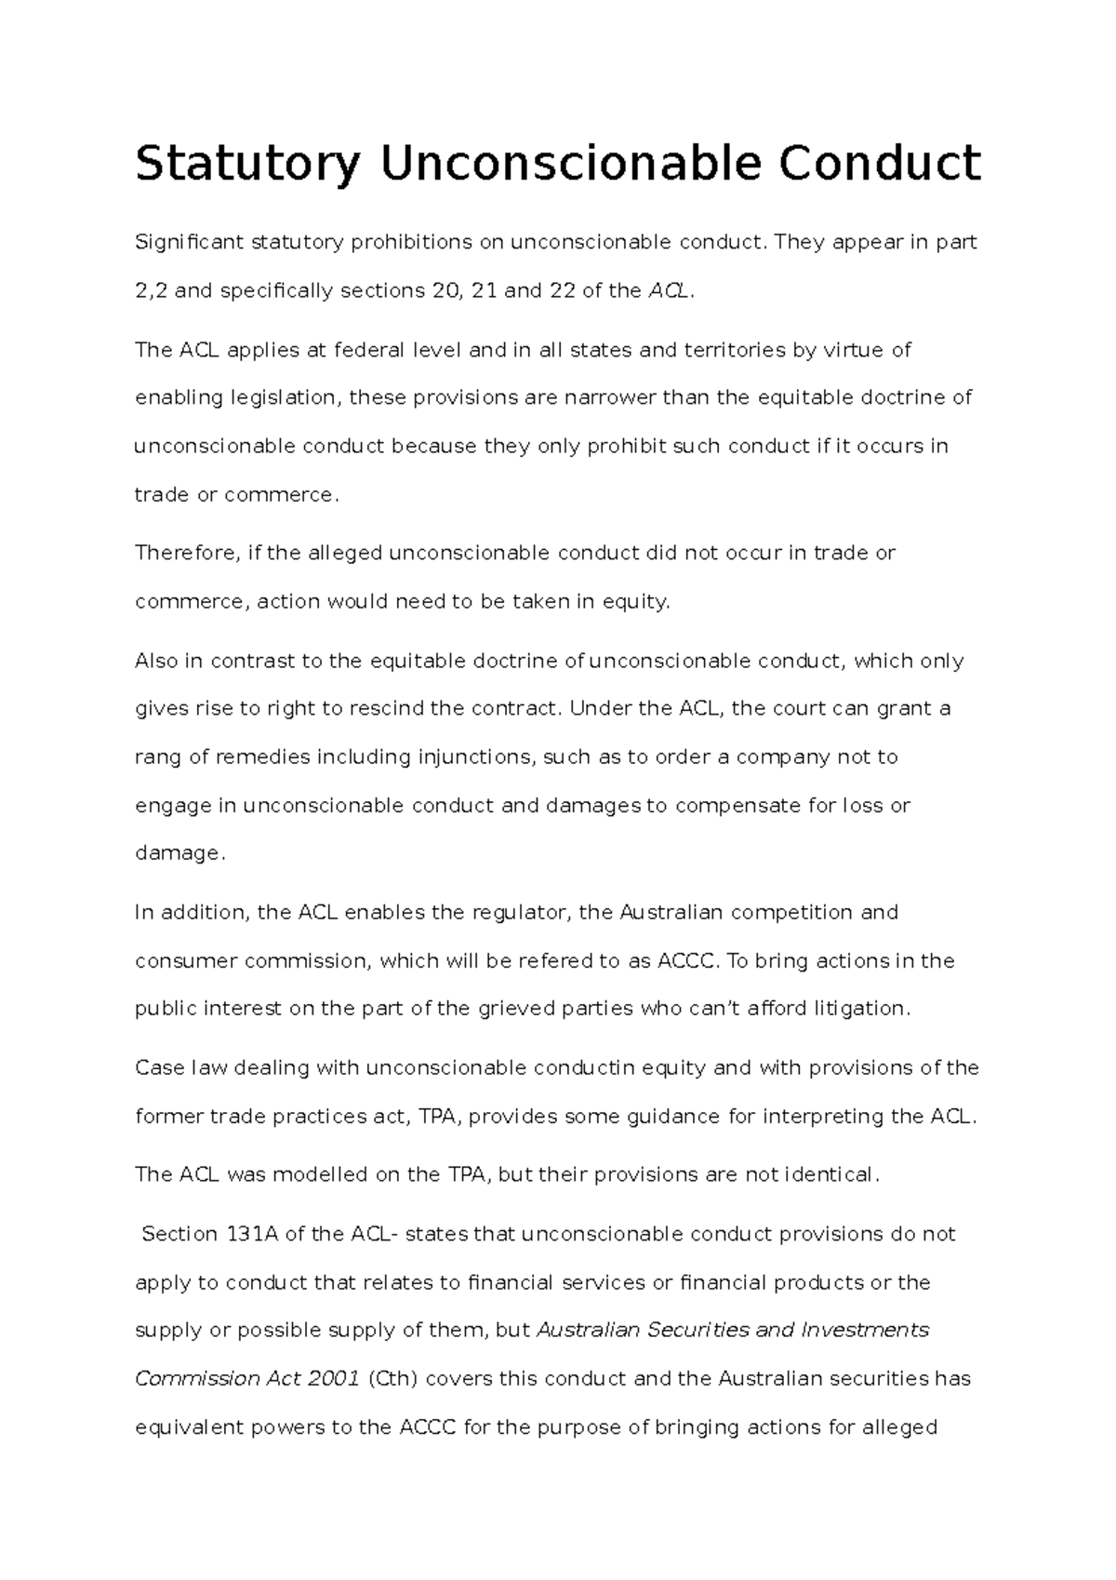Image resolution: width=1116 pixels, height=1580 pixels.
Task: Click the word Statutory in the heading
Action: pyautogui.click(x=246, y=165)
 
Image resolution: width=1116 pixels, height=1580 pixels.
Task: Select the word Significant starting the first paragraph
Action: pyautogui.click(x=190, y=243)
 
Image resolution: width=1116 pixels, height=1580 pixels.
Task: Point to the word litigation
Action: pyautogui.click(x=856, y=1009)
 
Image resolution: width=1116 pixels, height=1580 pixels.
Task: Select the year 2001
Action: pyautogui.click(x=332, y=1378)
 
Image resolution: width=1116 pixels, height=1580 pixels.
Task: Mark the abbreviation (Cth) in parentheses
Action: pyautogui.click(x=391, y=1378)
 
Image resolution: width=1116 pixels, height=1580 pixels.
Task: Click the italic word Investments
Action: pyautogui.click(x=865, y=1330)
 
